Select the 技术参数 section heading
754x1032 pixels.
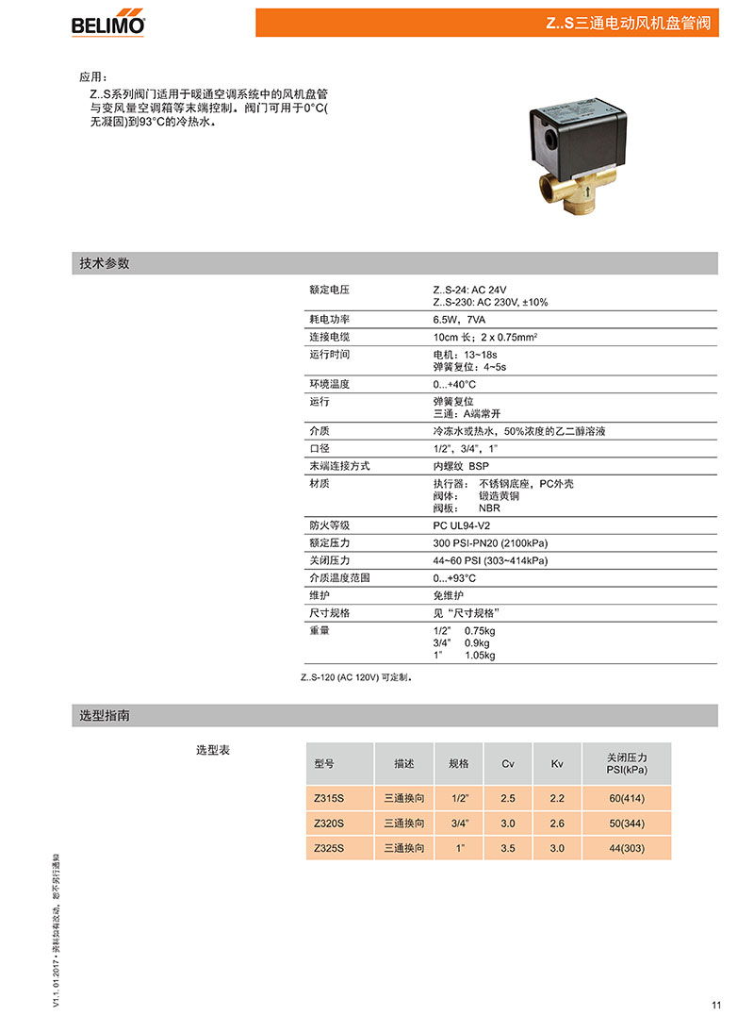(105, 263)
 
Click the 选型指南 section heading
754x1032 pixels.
(105, 716)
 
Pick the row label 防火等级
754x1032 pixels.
(330, 524)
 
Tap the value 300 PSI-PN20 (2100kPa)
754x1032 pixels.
(490, 542)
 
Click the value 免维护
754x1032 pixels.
(449, 595)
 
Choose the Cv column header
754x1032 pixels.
(508, 763)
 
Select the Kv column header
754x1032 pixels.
(557, 763)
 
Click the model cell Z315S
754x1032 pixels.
(330, 798)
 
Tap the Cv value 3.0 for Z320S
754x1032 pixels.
(508, 824)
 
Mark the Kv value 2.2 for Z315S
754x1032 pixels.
(557, 798)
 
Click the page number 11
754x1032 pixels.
(716, 1005)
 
